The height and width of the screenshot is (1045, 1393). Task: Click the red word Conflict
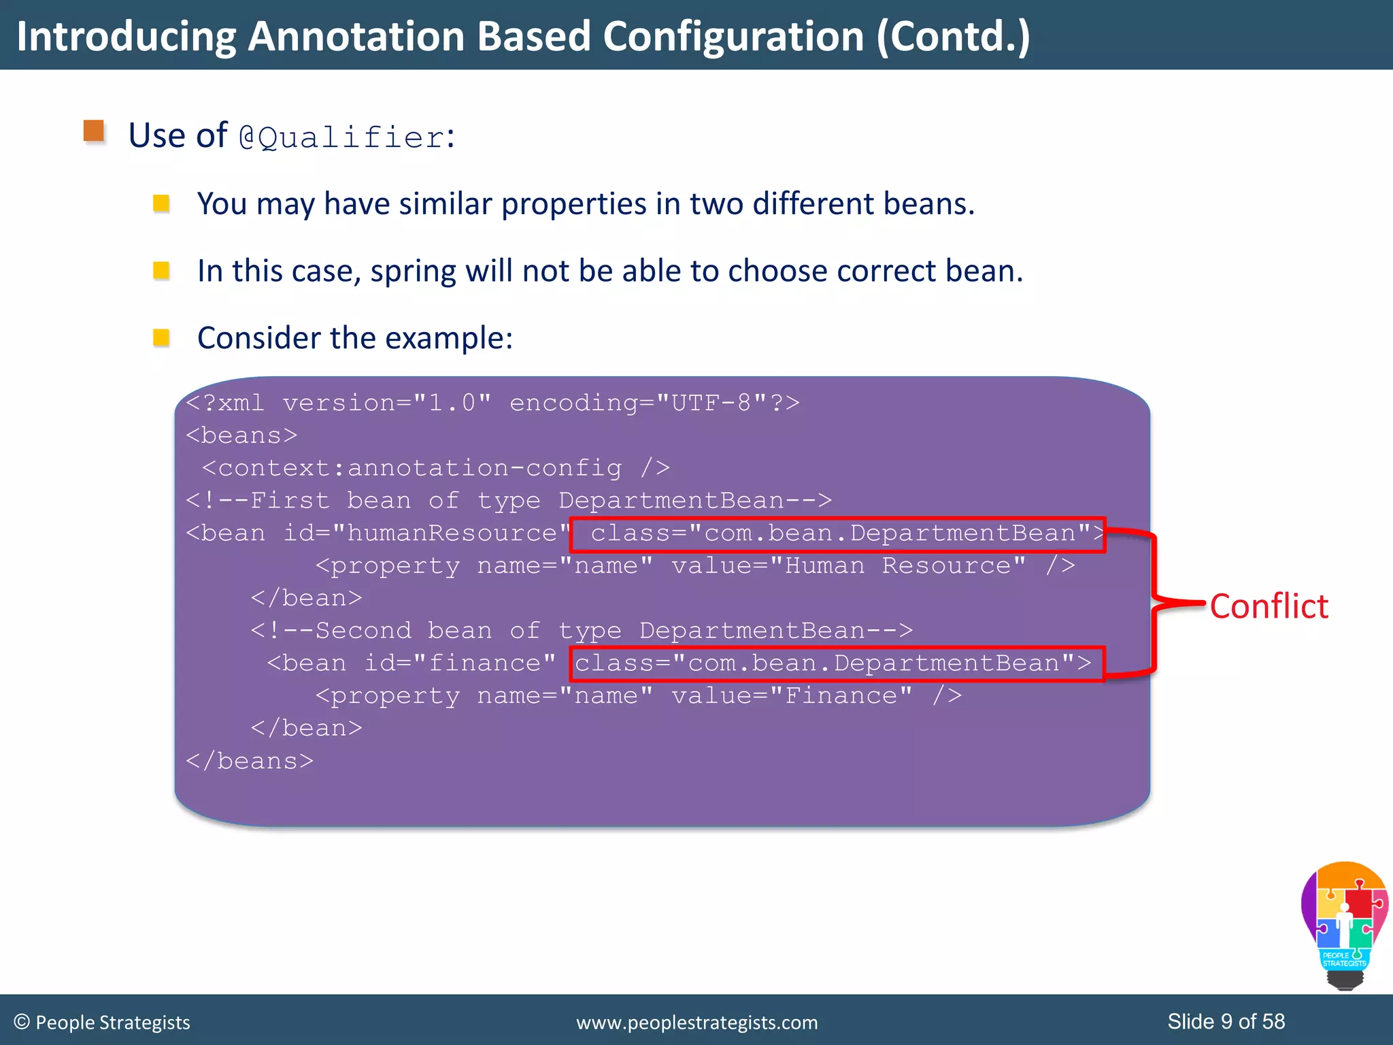pos(1269,606)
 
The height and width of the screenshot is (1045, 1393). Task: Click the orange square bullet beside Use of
pos(94,131)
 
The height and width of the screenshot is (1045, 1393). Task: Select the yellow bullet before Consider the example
pos(161,337)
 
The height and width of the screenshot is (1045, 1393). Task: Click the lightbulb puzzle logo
pos(1344,925)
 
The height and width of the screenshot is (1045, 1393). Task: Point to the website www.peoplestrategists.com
pos(696,1023)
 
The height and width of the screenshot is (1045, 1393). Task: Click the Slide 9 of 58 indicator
pos(1226,1021)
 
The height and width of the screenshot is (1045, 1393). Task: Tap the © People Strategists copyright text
pos(102,1023)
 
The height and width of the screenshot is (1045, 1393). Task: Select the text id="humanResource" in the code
pos(426,533)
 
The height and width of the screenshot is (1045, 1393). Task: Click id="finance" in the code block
pos(460,663)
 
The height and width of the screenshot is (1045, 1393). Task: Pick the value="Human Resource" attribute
pos(848,566)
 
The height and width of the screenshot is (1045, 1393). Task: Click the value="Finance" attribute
pos(792,696)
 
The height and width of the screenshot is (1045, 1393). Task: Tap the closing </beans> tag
pos(250,761)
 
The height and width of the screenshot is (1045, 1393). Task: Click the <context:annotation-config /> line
pos(435,468)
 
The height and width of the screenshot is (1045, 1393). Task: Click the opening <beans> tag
pos(241,435)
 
